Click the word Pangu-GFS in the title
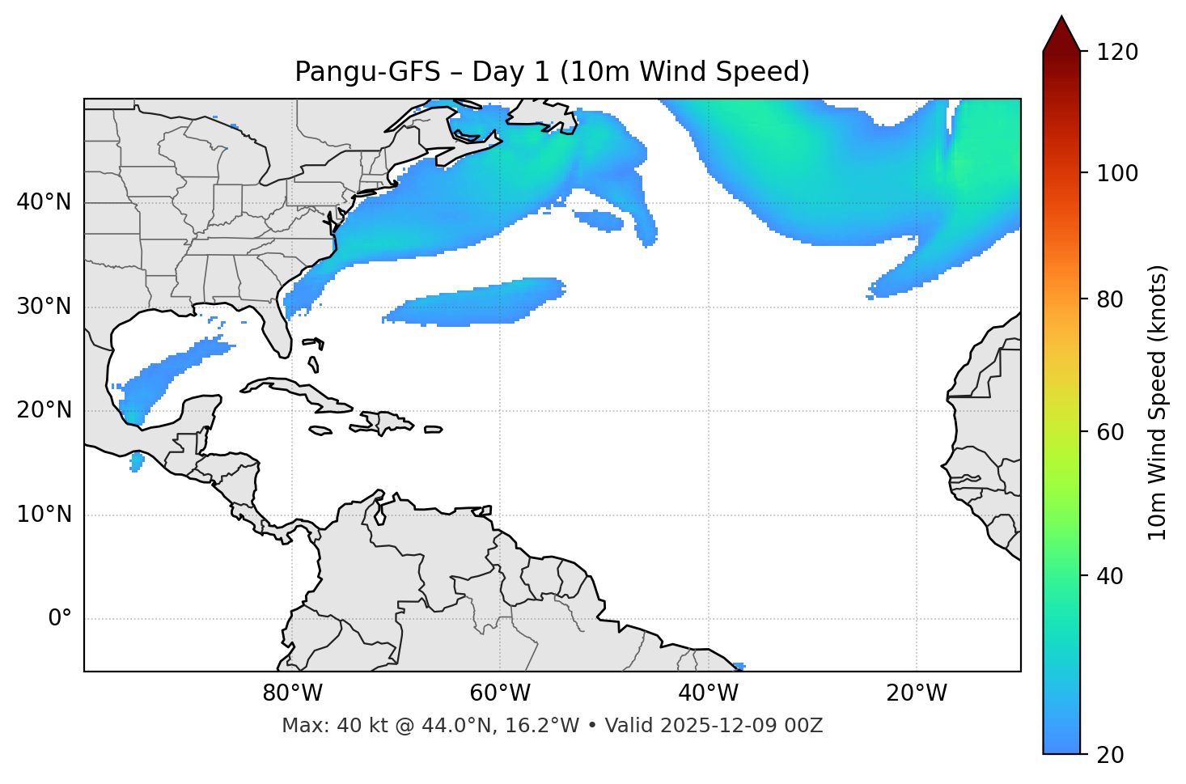tap(367, 72)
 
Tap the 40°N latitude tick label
tap(44, 202)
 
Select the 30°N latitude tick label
tap(44, 307)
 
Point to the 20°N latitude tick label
tap(44, 410)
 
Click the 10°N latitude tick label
tap(44, 515)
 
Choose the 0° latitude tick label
tap(60, 619)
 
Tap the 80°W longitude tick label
tap(292, 693)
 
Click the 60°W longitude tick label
tap(500, 693)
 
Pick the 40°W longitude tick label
tap(708, 693)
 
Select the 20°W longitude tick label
tap(916, 693)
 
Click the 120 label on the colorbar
tap(1117, 53)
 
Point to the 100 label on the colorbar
tap(1117, 173)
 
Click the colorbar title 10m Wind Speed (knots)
tap(1158, 402)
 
